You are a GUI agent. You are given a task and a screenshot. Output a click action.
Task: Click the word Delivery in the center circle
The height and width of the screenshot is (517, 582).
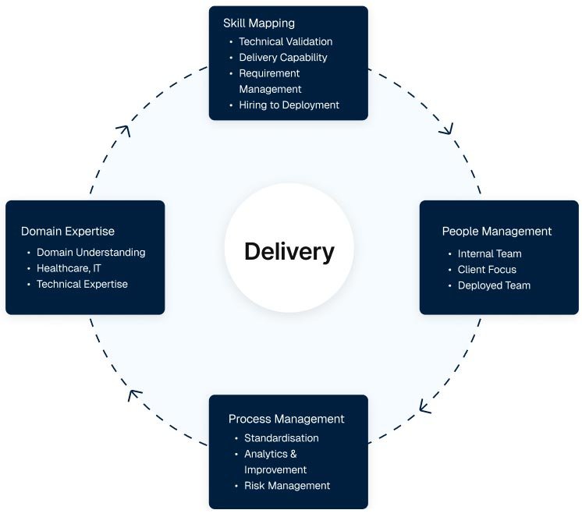(x=289, y=252)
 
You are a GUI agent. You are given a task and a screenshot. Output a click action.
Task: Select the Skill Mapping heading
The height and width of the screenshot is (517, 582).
(x=259, y=23)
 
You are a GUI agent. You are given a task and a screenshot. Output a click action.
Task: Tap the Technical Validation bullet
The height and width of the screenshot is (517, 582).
(x=286, y=41)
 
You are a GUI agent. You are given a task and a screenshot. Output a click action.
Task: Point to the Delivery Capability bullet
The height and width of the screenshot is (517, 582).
(x=283, y=58)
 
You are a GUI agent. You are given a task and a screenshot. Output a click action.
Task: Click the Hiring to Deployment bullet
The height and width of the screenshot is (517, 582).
(x=289, y=105)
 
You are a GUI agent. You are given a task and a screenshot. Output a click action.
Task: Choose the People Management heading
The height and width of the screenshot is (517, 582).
(x=497, y=232)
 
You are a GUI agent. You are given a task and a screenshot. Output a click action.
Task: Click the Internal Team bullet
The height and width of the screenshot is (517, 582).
(x=490, y=253)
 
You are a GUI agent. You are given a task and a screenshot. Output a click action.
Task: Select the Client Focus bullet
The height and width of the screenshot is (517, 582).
(x=487, y=270)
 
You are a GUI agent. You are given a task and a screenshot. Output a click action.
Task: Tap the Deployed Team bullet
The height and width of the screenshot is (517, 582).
(x=494, y=285)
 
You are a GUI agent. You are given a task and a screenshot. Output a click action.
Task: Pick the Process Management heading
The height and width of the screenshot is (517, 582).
(x=286, y=419)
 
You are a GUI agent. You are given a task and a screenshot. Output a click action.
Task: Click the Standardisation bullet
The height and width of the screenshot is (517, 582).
(x=282, y=438)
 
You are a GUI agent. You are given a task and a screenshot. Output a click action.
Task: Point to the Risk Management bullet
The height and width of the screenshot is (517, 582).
(x=287, y=486)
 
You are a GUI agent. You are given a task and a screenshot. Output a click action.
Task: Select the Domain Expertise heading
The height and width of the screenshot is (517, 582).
(x=68, y=232)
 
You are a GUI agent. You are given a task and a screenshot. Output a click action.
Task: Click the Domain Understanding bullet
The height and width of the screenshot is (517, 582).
(x=91, y=253)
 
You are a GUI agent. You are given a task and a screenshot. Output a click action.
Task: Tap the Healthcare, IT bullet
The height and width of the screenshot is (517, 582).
(x=69, y=268)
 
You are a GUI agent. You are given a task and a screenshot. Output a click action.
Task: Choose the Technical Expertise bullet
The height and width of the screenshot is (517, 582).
(x=82, y=284)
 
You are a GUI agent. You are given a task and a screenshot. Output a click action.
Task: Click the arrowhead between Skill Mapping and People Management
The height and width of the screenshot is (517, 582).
(x=447, y=129)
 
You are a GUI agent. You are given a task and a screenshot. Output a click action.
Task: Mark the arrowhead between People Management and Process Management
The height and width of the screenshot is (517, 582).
(x=424, y=406)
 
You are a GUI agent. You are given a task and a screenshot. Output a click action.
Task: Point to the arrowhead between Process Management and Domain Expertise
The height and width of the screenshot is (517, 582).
(x=134, y=395)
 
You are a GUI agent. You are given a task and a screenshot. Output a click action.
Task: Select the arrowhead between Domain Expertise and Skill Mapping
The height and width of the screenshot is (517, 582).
(x=124, y=130)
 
